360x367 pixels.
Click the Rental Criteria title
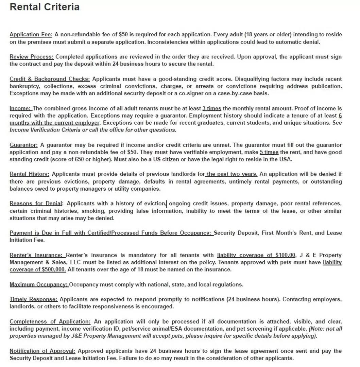click(x=45, y=7)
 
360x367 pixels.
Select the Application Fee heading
click(x=31, y=34)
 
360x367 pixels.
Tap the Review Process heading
click(x=32, y=57)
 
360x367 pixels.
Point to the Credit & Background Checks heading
click(x=50, y=79)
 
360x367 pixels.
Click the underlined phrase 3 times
click(x=212, y=108)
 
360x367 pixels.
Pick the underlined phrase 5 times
click(x=269, y=152)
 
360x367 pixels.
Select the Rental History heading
click(x=30, y=174)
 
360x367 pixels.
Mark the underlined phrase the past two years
click(x=232, y=174)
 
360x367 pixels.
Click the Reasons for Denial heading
click(x=36, y=204)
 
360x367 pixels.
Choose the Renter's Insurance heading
click(x=36, y=255)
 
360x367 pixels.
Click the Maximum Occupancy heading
click(x=39, y=284)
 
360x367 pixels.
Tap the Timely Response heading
click(x=34, y=299)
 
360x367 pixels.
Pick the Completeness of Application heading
click(x=50, y=321)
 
